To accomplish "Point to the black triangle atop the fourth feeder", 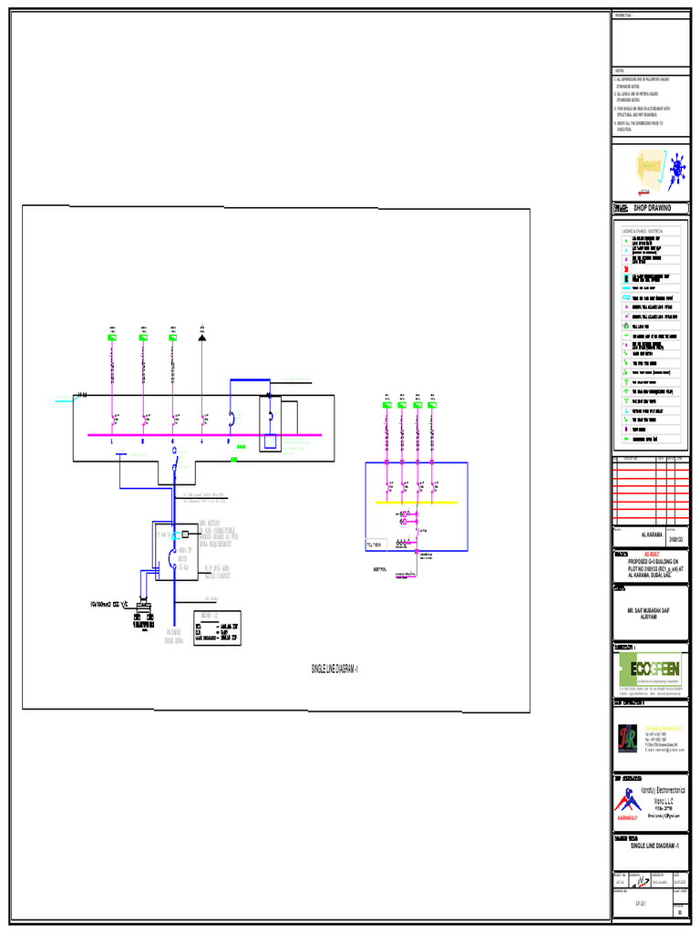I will pyautogui.click(x=202, y=337).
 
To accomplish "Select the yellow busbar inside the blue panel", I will pyautogui.click(x=417, y=502).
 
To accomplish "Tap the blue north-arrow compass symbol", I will pyautogui.click(x=675, y=171).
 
